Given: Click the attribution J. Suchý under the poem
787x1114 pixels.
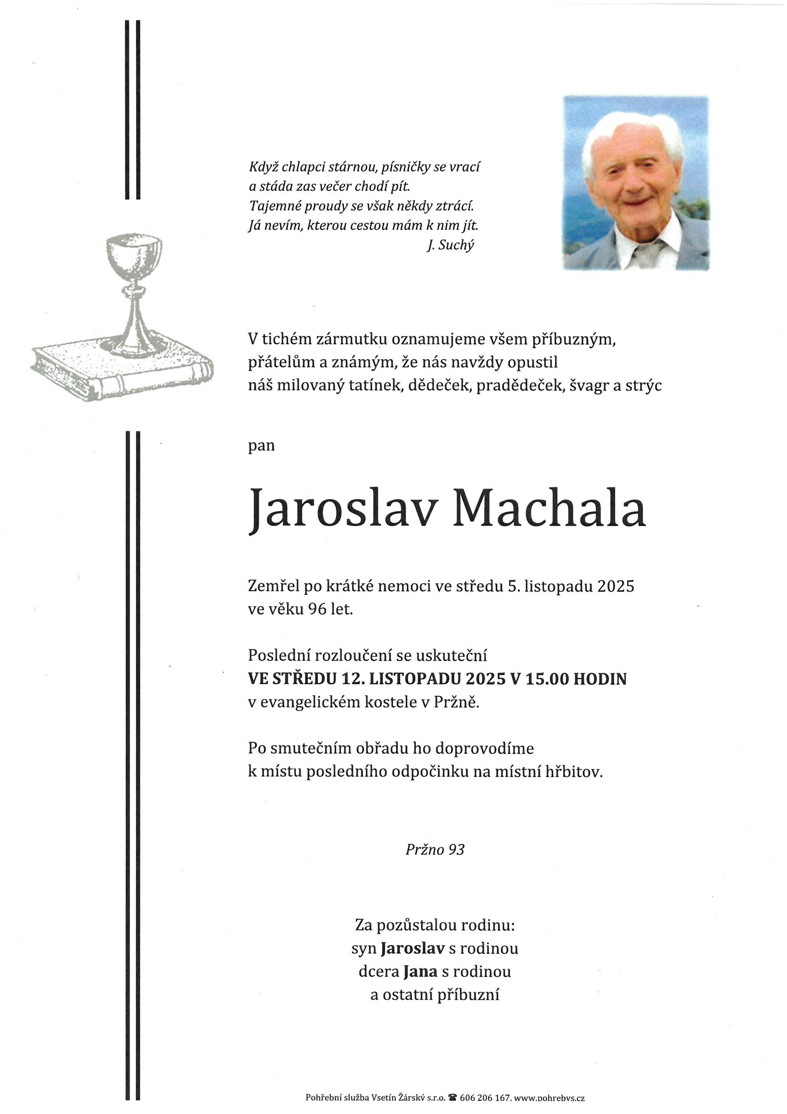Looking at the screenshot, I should coord(450,245).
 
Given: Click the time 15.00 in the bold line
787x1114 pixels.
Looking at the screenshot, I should coord(546,679).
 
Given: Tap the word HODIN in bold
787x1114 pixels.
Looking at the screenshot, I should coord(600,679).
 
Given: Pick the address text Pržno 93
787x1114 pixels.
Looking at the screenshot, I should coord(435,849).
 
